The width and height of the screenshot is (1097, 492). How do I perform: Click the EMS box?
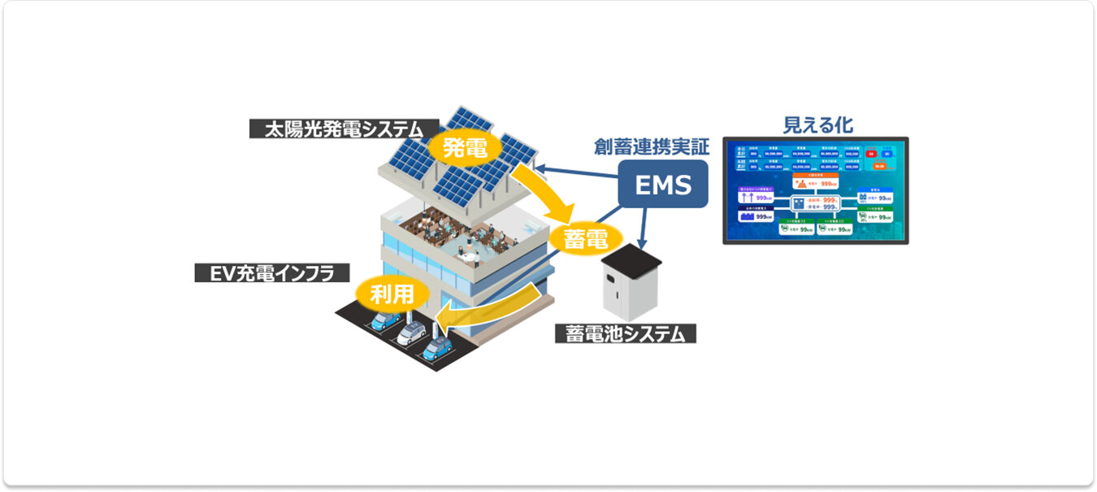coord(662,185)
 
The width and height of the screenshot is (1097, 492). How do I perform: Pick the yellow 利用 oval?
coord(392,294)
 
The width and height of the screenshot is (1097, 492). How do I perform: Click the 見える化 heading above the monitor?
coord(817,124)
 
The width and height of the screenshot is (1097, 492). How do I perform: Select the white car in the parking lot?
coord(412,333)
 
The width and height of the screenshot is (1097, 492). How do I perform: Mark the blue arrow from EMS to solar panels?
coord(577,174)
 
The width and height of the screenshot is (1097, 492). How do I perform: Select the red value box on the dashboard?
coord(870,152)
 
